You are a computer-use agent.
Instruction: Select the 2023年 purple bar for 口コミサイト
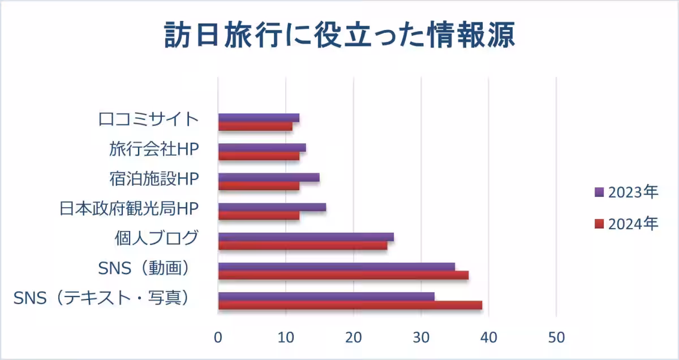pos(259,118)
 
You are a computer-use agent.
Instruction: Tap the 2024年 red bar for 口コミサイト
pos(255,126)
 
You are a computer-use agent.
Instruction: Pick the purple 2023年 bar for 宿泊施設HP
pos(269,177)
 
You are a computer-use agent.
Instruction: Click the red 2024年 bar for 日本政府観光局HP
pos(259,216)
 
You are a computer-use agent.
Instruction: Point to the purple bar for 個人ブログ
pos(306,237)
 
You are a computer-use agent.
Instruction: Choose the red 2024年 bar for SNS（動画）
pos(343,275)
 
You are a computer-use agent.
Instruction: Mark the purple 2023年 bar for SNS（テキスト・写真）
pos(326,296)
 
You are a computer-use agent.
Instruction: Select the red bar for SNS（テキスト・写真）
pos(350,305)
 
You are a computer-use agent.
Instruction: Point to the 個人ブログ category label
pos(156,238)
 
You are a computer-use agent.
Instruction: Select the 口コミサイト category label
pos(149,119)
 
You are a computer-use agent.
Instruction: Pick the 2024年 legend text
pos(633,224)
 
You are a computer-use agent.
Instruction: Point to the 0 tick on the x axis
pos(218,338)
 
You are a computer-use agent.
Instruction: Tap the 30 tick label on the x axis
pos(421,338)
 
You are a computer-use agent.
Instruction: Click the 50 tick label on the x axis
pos(557,338)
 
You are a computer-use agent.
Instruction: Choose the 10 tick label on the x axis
pos(286,338)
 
